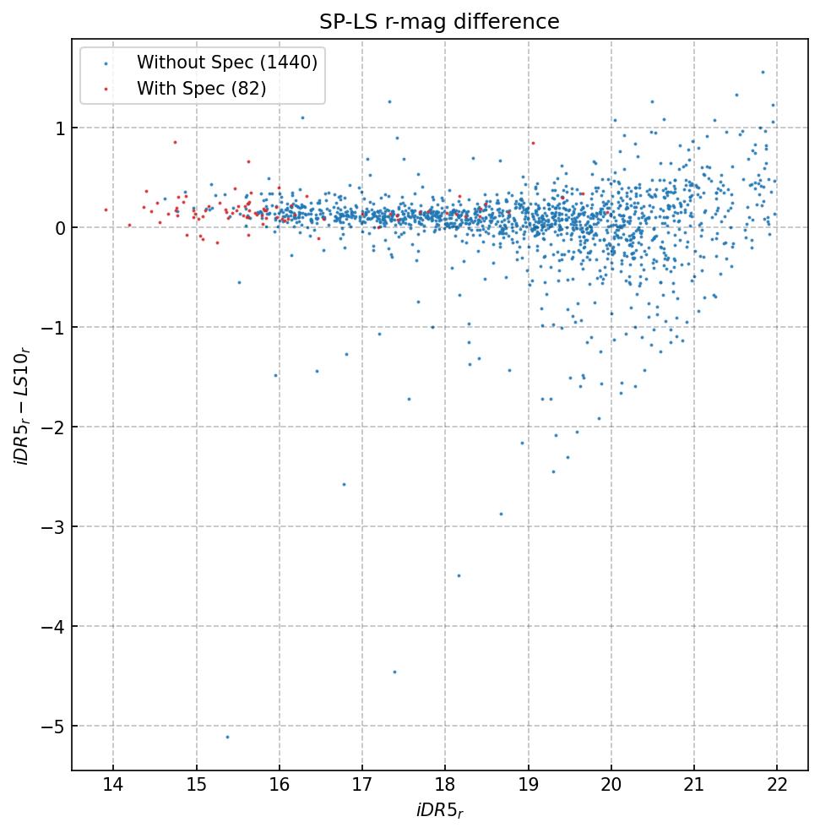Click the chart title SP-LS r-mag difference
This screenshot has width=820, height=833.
(x=439, y=22)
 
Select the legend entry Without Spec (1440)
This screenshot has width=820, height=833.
(x=226, y=63)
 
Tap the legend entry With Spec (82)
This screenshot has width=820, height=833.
(x=201, y=89)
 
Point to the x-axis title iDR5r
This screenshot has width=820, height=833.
(x=439, y=811)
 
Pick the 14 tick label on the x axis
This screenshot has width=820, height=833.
(x=113, y=786)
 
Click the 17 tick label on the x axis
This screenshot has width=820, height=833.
(x=362, y=786)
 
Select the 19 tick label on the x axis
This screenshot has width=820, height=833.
(x=528, y=786)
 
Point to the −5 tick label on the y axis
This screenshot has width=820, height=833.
(x=52, y=727)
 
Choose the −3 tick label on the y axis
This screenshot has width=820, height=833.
(x=52, y=527)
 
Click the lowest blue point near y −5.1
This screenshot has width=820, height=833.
(x=227, y=737)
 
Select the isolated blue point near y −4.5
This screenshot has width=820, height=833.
(x=394, y=672)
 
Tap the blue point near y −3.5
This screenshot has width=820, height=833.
(x=459, y=575)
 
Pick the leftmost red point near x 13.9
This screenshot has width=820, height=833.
(x=106, y=210)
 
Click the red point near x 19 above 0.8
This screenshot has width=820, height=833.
(x=533, y=143)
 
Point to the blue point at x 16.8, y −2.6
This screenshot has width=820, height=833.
(x=344, y=484)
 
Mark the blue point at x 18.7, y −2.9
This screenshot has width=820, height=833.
(x=501, y=514)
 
